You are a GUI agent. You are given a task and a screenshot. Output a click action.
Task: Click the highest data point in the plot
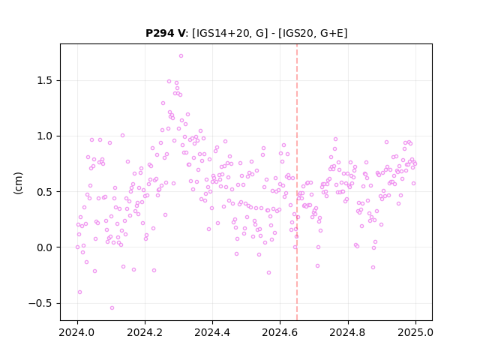click(181, 56)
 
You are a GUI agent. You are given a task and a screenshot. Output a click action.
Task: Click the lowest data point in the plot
click(112, 308)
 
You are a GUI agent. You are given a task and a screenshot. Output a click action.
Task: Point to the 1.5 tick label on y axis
click(45, 81)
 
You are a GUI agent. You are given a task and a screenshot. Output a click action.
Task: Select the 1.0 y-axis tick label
click(45, 136)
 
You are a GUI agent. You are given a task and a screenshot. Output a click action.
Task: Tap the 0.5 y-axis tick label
click(45, 192)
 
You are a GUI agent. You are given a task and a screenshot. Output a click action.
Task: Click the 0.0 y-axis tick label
click(45, 247)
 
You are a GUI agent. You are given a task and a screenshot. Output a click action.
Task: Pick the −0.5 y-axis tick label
click(40, 303)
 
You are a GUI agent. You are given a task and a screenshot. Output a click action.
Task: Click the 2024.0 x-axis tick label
click(77, 332)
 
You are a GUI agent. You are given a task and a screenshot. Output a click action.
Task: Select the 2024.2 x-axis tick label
click(145, 332)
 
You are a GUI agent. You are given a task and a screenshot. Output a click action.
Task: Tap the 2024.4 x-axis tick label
click(212, 332)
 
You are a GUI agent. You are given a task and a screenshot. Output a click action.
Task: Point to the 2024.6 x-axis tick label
click(280, 332)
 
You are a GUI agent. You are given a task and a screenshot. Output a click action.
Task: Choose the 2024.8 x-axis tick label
click(348, 332)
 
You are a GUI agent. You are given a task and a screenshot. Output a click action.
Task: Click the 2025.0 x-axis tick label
click(415, 332)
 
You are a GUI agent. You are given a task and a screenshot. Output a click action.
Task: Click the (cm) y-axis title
click(18, 183)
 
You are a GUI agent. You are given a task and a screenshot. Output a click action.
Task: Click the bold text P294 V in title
click(165, 33)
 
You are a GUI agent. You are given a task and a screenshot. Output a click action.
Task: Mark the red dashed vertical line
click(297, 182)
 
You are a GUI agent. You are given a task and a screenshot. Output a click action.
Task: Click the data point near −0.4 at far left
click(80, 292)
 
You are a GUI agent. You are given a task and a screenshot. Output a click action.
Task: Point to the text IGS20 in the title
click(297, 33)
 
